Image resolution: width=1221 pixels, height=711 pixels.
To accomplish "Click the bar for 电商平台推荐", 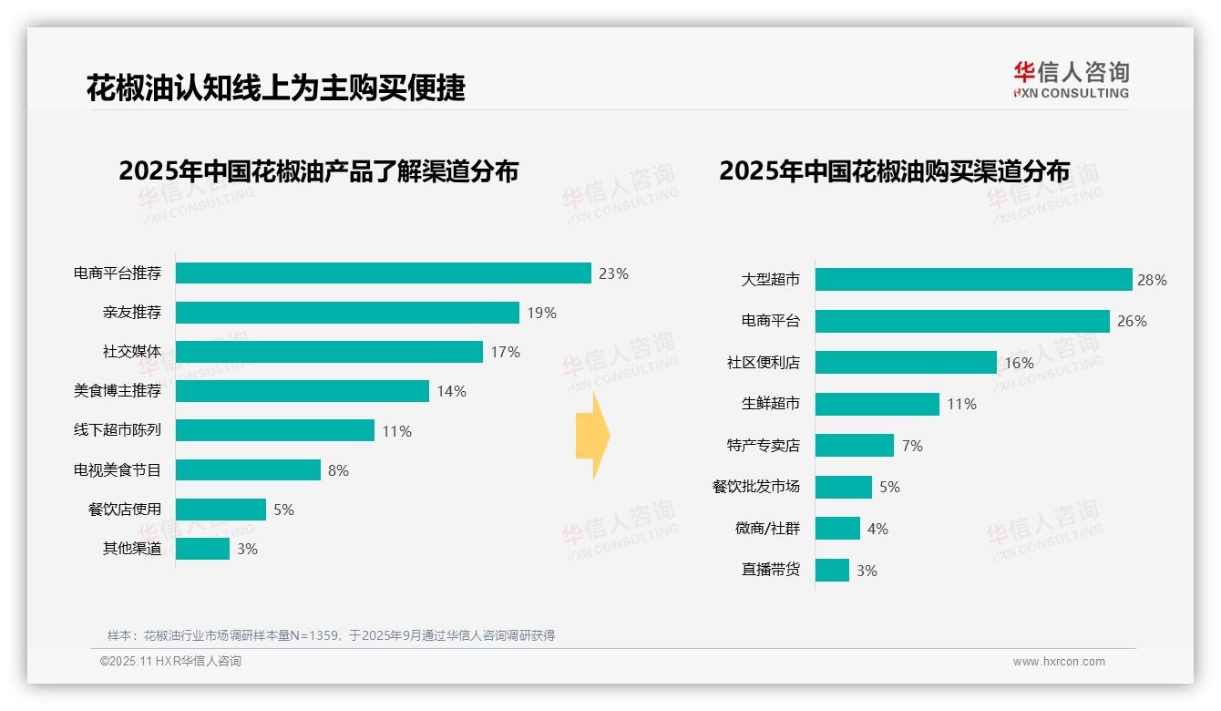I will (x=383, y=273).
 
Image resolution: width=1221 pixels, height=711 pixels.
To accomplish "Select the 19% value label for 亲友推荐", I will (x=541, y=313).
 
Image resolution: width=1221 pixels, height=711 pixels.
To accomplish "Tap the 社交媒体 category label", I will (x=131, y=352).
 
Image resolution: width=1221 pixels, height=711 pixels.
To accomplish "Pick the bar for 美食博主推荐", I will (x=302, y=391).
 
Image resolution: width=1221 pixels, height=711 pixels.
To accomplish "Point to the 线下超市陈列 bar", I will (x=274, y=430).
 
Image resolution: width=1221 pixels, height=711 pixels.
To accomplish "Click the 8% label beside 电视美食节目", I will (x=338, y=470).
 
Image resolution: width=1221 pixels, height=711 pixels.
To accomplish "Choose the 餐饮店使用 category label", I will (x=124, y=510).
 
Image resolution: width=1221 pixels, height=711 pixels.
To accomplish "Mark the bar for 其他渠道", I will (x=202, y=549).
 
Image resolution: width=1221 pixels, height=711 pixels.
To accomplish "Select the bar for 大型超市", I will (x=973, y=280).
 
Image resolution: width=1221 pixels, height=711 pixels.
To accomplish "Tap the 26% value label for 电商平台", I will (x=1132, y=321).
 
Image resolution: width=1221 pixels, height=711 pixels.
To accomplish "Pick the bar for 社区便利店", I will (x=906, y=363).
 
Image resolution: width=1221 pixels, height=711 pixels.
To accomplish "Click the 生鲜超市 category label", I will (x=770, y=404).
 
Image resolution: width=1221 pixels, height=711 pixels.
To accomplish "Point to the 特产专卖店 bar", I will (x=855, y=445).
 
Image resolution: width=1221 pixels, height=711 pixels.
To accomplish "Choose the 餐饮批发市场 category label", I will (x=755, y=487).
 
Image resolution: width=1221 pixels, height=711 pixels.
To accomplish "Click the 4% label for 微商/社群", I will (x=877, y=529).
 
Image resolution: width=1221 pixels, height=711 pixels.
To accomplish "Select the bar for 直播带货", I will (x=832, y=570).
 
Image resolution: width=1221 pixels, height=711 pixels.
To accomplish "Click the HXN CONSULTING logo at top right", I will (x=1071, y=80).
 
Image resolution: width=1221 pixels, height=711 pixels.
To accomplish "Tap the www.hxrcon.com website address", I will (x=1058, y=662).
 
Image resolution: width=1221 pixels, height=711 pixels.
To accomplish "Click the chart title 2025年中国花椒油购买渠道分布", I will (x=894, y=171).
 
